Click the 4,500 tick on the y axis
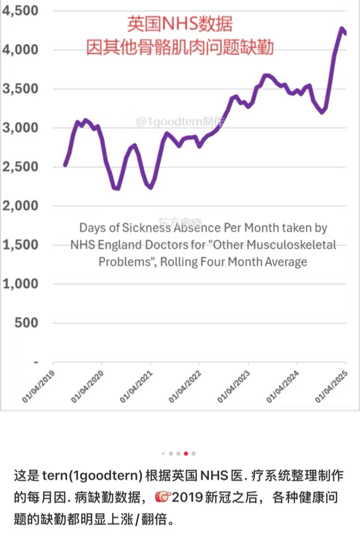click(20, 11)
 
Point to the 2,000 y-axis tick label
click(20, 206)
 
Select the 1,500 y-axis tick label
click(20, 245)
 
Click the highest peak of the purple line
click(341, 28)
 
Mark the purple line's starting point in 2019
click(65, 165)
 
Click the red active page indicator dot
click(186, 453)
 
